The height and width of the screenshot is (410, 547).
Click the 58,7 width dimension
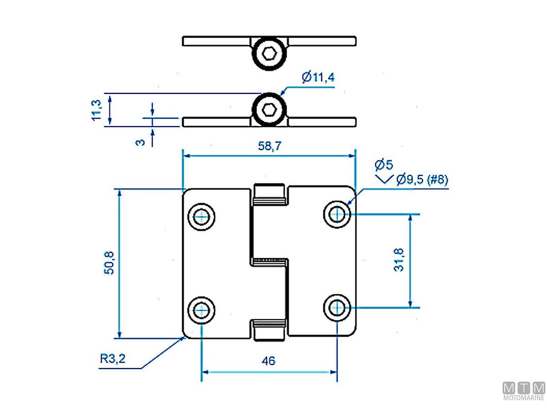[x=269, y=146]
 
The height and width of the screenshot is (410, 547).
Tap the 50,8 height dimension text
[x=109, y=263]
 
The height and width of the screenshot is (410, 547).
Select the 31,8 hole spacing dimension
[x=399, y=260]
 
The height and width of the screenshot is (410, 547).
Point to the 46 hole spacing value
[x=268, y=361]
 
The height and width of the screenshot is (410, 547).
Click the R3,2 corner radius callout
[x=113, y=359]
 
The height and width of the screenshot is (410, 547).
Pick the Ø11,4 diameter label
[x=318, y=77]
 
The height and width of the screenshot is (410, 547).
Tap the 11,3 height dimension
[x=97, y=110]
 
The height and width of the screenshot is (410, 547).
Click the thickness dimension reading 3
[x=140, y=143]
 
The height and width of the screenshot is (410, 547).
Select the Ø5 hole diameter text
[x=384, y=165]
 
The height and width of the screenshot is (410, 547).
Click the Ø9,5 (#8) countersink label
[x=422, y=179]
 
